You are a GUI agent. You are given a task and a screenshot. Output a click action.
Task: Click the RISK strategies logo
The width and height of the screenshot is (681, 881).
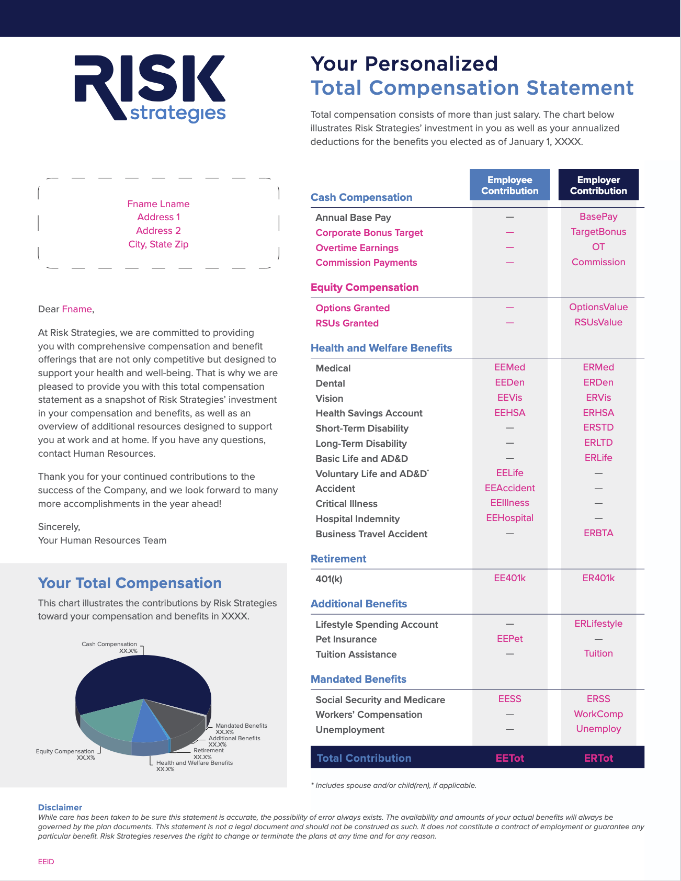click(x=150, y=88)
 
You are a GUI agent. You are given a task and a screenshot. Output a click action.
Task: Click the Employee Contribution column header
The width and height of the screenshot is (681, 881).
click(x=509, y=185)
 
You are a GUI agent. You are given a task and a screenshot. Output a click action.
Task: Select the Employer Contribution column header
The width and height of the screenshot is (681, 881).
click(x=598, y=185)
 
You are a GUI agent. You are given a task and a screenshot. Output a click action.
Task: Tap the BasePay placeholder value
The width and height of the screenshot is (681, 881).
click(x=598, y=217)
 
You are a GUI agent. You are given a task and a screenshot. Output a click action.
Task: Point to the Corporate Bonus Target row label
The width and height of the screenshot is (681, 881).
click(x=369, y=233)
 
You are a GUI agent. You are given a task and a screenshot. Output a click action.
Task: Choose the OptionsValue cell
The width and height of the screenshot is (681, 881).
click(x=598, y=307)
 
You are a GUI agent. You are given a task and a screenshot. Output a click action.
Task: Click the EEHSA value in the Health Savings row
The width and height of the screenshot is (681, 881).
click(x=509, y=413)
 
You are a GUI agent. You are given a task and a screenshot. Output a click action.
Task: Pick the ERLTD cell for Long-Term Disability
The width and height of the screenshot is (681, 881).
click(x=598, y=443)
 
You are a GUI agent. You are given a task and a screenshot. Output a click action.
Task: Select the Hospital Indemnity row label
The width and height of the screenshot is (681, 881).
click(x=357, y=519)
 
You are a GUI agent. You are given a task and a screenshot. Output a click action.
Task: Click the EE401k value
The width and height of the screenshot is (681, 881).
click(x=509, y=578)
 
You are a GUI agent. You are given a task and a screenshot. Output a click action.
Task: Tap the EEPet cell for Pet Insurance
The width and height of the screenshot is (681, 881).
click(x=509, y=639)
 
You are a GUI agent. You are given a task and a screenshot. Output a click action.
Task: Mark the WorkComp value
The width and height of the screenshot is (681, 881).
click(x=598, y=714)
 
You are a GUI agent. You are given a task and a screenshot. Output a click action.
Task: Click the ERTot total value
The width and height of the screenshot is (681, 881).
click(x=598, y=758)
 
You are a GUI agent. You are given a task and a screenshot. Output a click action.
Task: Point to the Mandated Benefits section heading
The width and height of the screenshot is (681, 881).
click(x=358, y=679)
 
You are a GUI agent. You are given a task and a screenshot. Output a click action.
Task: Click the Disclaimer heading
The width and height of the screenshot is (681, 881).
click(x=60, y=807)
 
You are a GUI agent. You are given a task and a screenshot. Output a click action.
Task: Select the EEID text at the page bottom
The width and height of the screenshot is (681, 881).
click(x=46, y=862)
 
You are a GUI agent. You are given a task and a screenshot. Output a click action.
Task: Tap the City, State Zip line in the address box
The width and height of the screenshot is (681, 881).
click(x=158, y=244)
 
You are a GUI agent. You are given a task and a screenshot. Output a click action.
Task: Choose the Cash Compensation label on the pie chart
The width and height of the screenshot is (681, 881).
click(x=109, y=644)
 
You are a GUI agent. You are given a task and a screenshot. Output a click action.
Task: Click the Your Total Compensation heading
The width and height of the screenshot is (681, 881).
click(x=130, y=583)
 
